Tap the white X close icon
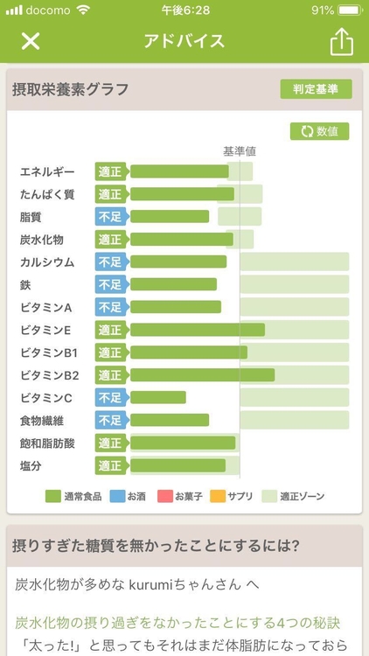pyautogui.click(x=31, y=41)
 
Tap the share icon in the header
pyautogui.click(x=340, y=41)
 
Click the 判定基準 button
pyautogui.click(x=316, y=88)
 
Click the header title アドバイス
pyautogui.click(x=184, y=41)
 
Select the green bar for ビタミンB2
pyautogui.click(x=202, y=375)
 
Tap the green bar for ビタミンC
pyautogui.click(x=157, y=398)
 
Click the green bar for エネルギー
pyautogui.click(x=179, y=171)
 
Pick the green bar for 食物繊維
pyautogui.click(x=170, y=421)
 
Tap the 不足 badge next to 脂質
pyautogui.click(x=110, y=217)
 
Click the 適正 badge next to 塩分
pyautogui.click(x=110, y=466)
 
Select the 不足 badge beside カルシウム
pyautogui.click(x=110, y=262)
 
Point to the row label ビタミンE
pyautogui.click(x=45, y=331)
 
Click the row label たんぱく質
pyautogui.click(x=47, y=194)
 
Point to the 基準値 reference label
pyautogui.click(x=240, y=151)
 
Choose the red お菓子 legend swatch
pyautogui.click(x=164, y=496)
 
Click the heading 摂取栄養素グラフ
pyautogui.click(x=71, y=88)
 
